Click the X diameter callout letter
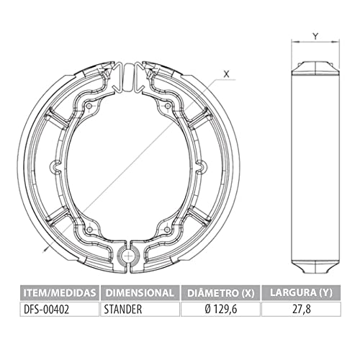226,73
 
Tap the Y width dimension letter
315,34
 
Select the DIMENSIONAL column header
139,292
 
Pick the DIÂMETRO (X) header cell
219,292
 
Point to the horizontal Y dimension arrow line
315,43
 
